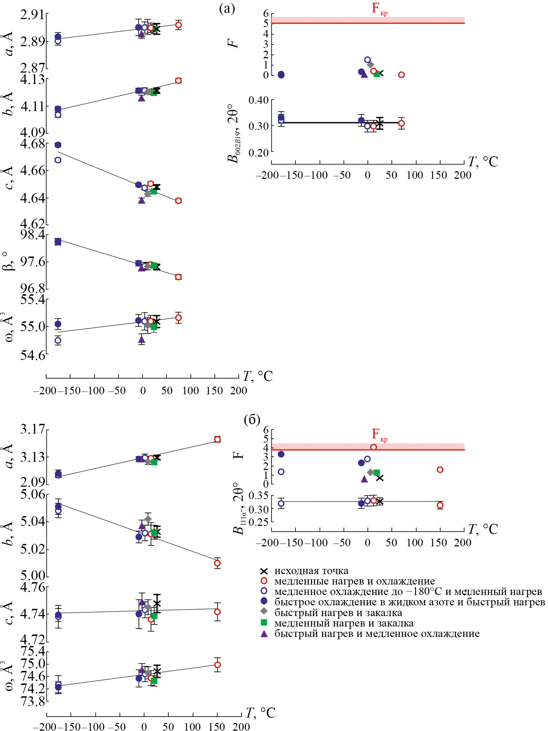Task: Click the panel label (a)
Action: (227, 9)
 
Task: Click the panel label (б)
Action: (252, 420)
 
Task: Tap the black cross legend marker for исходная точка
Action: (264, 571)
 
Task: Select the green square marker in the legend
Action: (264, 623)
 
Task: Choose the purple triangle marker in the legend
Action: (264, 633)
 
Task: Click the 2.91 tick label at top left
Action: (33, 15)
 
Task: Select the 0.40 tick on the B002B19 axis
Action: (258, 100)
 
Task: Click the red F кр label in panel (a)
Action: (379, 8)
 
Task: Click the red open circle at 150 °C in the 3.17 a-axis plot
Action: (217, 439)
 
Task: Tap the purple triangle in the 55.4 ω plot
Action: (142, 339)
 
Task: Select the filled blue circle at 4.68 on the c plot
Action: (58, 145)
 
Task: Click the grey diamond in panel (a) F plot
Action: (370, 64)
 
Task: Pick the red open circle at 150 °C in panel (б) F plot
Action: (440, 470)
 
